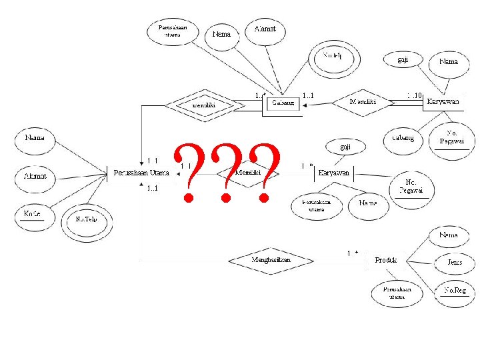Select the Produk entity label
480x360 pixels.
385,259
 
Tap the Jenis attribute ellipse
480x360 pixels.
454,263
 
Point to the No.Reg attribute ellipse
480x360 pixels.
454,291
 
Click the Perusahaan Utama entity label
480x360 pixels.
141,173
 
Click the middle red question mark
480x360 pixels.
227,172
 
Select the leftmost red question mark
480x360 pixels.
190,172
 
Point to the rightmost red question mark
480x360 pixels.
265,172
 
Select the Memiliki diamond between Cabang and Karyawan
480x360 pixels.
363,102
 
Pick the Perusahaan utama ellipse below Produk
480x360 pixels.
397,293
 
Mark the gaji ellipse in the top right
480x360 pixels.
403,59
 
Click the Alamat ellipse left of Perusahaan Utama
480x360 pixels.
35,177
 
